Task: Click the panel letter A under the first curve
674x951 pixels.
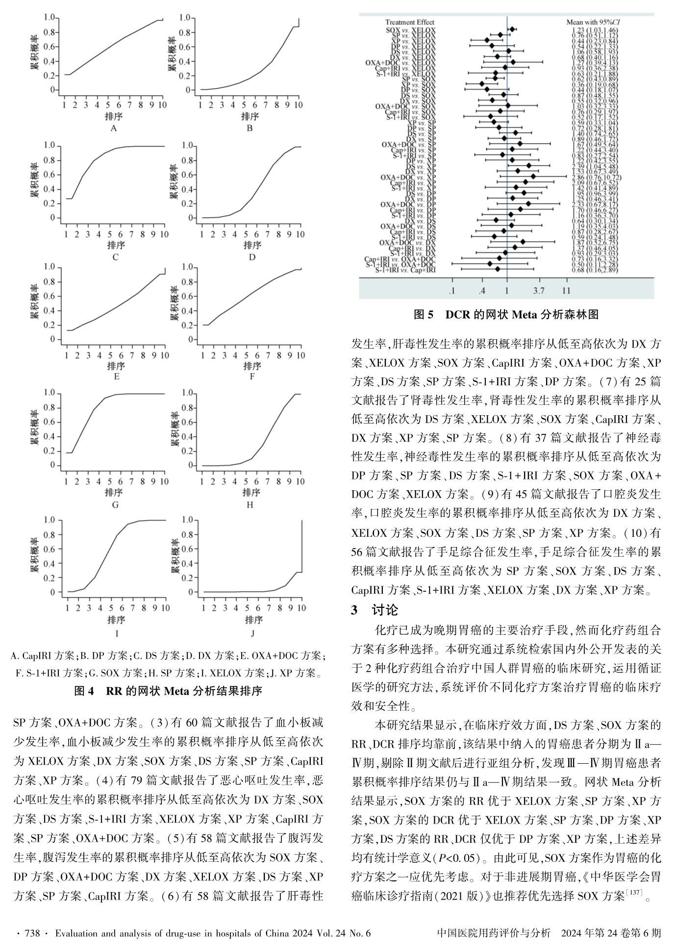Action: point(114,128)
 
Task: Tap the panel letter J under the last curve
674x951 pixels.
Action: point(252,633)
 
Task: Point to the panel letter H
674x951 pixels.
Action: point(250,505)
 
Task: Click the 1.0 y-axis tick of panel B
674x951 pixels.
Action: point(185,18)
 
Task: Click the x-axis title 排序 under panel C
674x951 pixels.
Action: point(115,245)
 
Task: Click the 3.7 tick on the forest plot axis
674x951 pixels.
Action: point(539,291)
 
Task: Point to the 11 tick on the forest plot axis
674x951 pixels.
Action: point(566,291)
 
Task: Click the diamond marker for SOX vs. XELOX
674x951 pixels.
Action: point(512,29)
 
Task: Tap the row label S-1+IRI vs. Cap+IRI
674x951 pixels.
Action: point(405,270)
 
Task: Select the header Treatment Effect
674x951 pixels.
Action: point(409,22)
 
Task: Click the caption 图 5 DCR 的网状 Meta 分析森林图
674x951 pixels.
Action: point(506,315)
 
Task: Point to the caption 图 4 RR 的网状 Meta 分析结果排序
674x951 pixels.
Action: point(168,691)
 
